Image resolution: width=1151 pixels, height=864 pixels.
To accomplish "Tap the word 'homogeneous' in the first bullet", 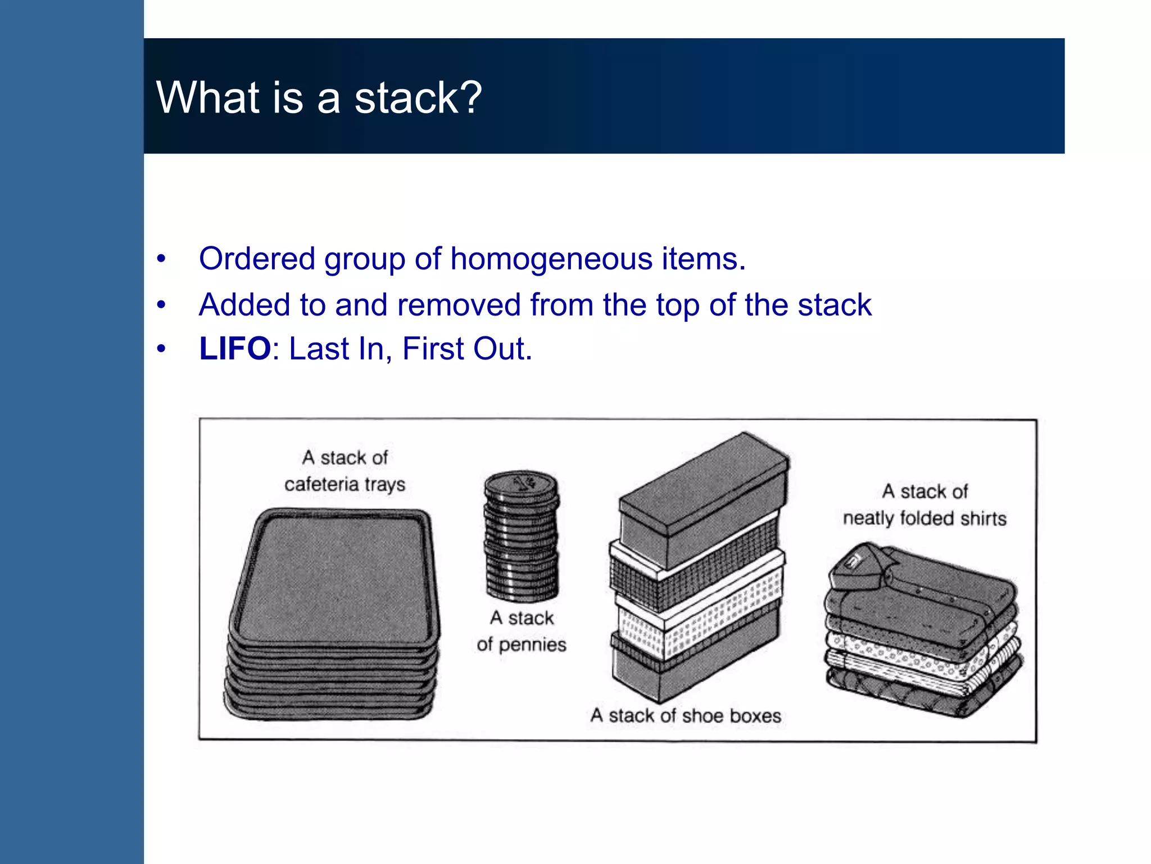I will point(551,259).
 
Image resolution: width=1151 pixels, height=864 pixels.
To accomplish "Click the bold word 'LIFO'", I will point(235,349).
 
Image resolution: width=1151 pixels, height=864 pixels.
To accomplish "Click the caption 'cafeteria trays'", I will point(345,484).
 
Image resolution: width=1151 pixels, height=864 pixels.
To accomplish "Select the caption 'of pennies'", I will point(521,644).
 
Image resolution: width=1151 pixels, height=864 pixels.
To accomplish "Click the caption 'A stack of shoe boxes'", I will point(686,715).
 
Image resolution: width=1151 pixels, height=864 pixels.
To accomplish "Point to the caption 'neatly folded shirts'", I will point(925,518).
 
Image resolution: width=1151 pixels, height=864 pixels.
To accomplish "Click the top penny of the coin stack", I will point(521,484).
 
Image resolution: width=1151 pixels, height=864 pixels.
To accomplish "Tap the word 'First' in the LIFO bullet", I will point(433,349).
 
